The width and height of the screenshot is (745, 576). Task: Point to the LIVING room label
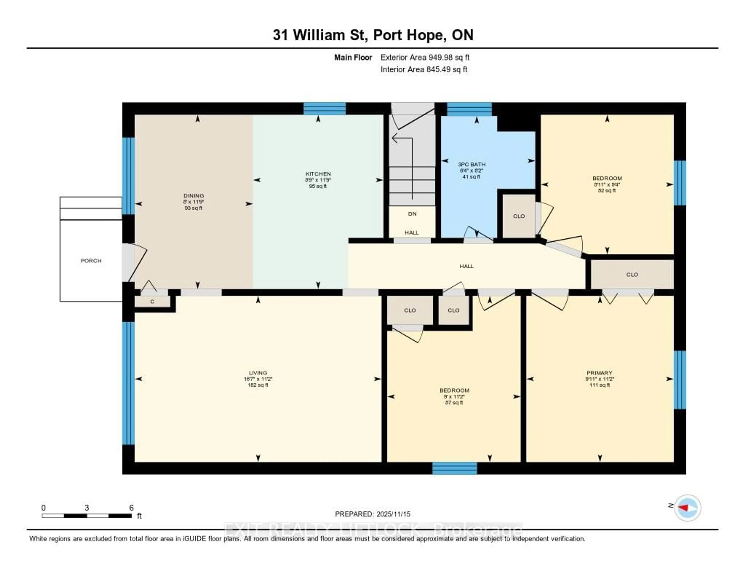click(x=258, y=373)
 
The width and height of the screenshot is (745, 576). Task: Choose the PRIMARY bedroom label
click(x=599, y=373)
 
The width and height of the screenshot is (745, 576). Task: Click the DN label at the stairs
click(x=412, y=214)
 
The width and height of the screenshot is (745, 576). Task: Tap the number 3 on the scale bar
click(x=87, y=508)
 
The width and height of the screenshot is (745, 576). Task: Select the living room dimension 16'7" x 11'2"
click(x=258, y=379)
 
